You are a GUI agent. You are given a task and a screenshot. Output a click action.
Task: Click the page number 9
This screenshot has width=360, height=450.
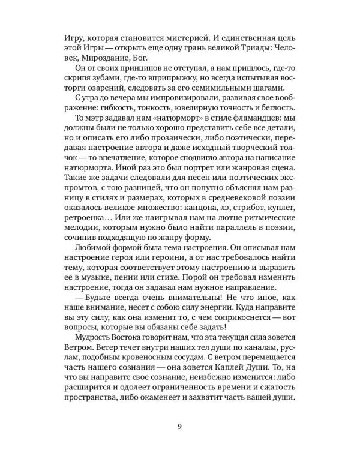[179, 427]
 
